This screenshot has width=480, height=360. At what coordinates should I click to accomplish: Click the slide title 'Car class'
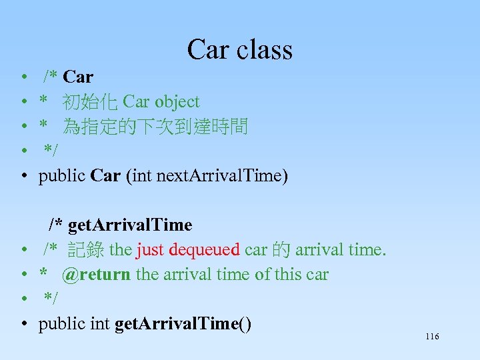(x=239, y=49)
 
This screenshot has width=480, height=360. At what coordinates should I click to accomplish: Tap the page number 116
(x=432, y=337)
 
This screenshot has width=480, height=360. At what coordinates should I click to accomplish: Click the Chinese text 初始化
(x=90, y=102)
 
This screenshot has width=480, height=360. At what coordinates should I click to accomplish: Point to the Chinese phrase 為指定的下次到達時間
(x=155, y=127)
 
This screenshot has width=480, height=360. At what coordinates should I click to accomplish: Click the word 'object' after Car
(x=177, y=102)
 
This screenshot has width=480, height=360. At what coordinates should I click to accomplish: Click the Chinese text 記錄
(x=86, y=250)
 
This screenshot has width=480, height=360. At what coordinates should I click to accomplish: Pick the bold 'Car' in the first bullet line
(x=78, y=77)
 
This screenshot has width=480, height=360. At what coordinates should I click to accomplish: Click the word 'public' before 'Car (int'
(x=61, y=176)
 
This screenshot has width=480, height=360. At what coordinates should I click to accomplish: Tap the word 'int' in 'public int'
(x=101, y=325)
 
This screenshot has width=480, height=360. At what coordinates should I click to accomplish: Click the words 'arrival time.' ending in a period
(x=341, y=250)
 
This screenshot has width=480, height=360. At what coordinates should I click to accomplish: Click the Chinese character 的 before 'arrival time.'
(x=281, y=250)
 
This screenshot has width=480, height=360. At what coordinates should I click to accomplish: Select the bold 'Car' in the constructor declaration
(x=105, y=176)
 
